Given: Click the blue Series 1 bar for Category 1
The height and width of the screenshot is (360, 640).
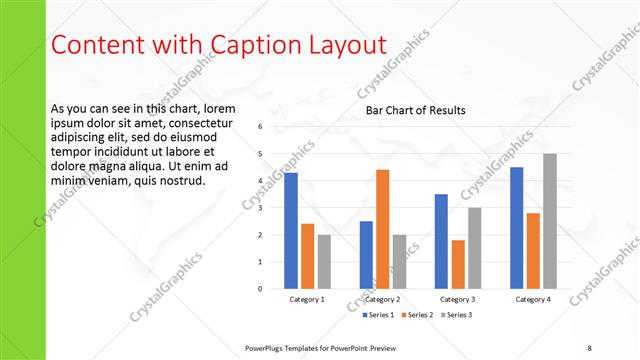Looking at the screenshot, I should click(291, 231).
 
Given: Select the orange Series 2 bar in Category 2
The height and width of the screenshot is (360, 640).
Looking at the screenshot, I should click(382, 229).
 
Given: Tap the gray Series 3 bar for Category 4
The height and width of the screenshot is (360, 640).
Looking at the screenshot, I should click(550, 221).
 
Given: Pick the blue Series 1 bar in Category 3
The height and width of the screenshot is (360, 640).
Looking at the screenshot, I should click(441, 241).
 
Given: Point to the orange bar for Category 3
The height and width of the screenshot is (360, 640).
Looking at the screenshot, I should click(458, 264).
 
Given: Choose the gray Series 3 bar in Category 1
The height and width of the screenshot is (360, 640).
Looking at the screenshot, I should click(324, 262).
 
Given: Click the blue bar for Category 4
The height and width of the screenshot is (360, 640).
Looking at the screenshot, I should click(517, 228).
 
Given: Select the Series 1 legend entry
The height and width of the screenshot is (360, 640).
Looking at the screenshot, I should click(379, 315).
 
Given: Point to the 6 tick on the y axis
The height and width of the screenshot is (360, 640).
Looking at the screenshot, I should click(259, 127).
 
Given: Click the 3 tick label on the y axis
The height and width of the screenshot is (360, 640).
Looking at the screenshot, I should click(259, 208).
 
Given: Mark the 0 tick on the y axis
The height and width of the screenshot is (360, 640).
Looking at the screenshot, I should click(259, 289).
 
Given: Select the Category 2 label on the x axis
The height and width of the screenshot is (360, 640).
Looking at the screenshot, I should click(382, 299).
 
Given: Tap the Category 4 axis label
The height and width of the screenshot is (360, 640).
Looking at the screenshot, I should click(533, 299).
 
